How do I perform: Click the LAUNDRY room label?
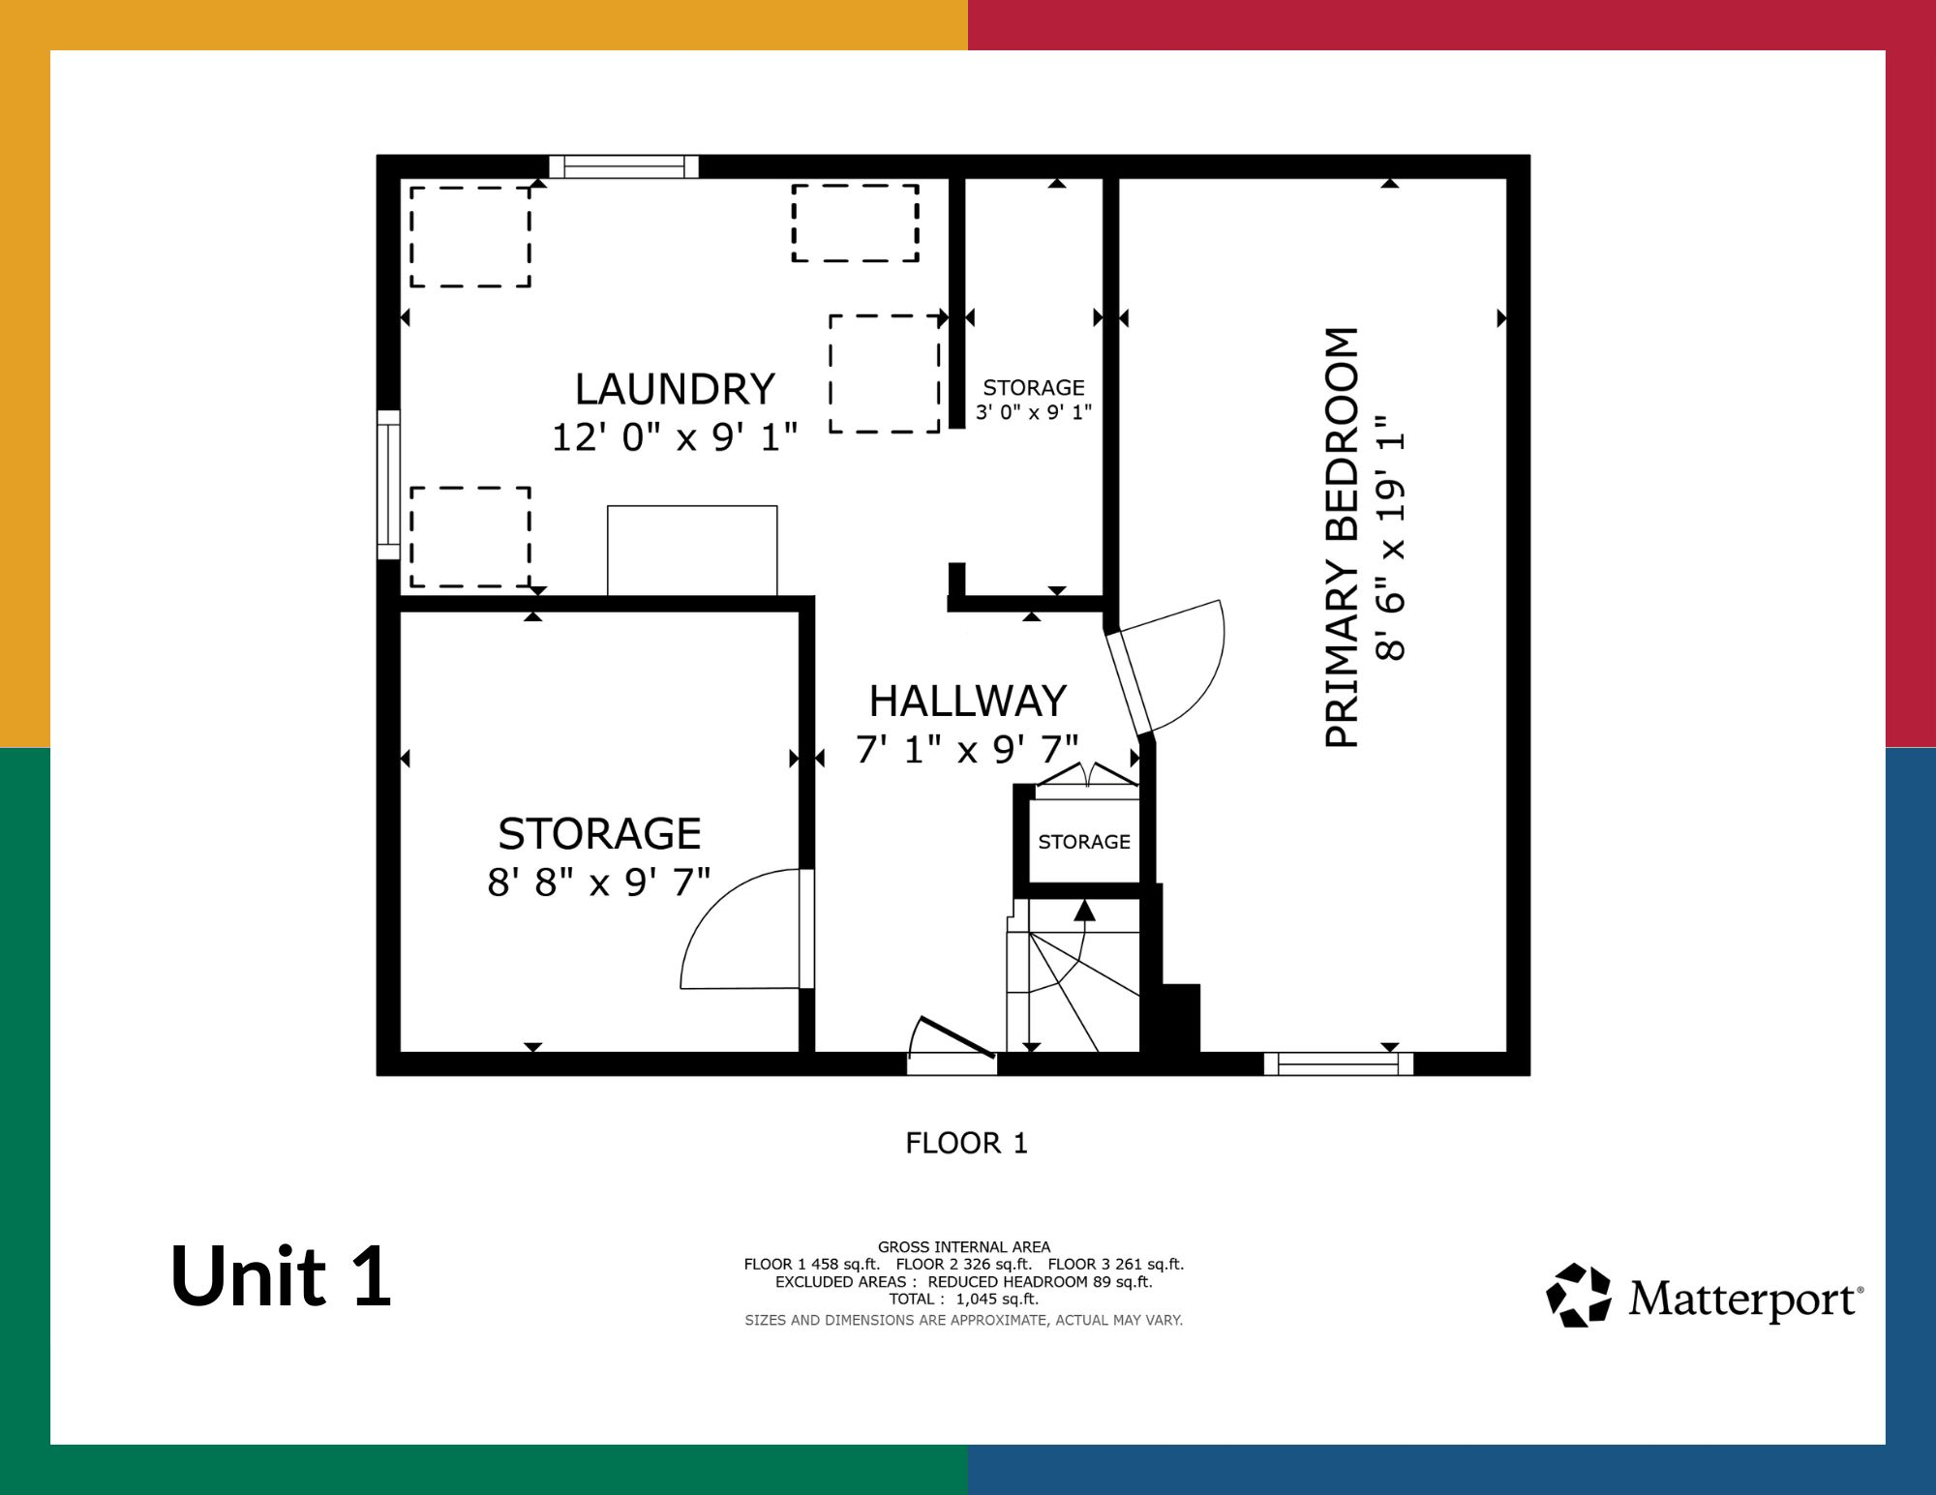tap(675, 389)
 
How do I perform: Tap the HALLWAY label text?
tap(967, 701)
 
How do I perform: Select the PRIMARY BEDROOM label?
tap(1342, 537)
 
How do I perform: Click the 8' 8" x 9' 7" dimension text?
tap(599, 882)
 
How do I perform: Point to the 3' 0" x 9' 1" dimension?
tap(1033, 412)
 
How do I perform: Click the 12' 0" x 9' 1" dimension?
tap(675, 437)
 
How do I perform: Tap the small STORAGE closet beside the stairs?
tap(1084, 842)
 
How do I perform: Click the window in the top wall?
tap(623, 166)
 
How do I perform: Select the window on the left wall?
tap(388, 485)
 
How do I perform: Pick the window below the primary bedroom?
tap(1339, 1063)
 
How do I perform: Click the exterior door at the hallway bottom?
tap(953, 1048)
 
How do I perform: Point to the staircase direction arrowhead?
tap(1084, 911)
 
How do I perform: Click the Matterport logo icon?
tap(1579, 1295)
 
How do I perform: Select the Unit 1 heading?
tap(281, 1275)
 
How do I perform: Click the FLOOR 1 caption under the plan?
tap(966, 1143)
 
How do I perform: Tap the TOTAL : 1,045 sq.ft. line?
tap(964, 1299)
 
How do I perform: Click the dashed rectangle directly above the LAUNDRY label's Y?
tap(856, 224)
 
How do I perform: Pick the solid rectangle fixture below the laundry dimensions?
tap(692, 551)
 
